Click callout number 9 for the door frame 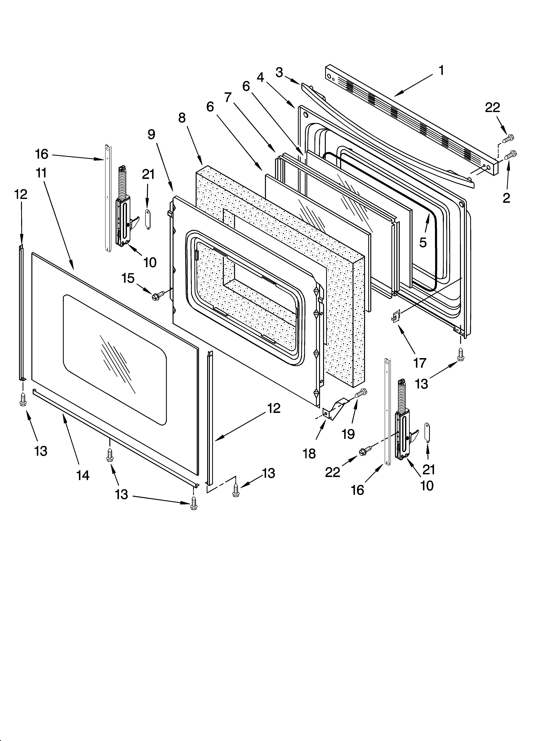151,134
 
